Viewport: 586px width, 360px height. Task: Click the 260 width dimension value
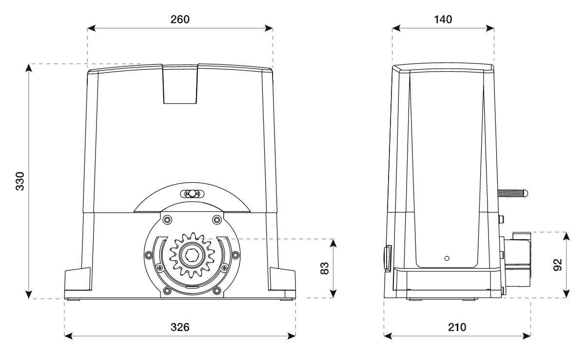[x=180, y=19]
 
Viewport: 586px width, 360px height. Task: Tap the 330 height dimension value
[x=20, y=181]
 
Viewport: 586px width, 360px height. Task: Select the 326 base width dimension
[x=180, y=327]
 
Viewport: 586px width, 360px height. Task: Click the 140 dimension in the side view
[x=443, y=19]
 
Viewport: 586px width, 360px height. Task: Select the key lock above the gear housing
[x=193, y=193]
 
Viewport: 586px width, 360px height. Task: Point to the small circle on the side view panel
[x=447, y=258]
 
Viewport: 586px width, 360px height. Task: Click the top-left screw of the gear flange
[x=168, y=219]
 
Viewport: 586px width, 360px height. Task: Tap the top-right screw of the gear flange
[x=216, y=219]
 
